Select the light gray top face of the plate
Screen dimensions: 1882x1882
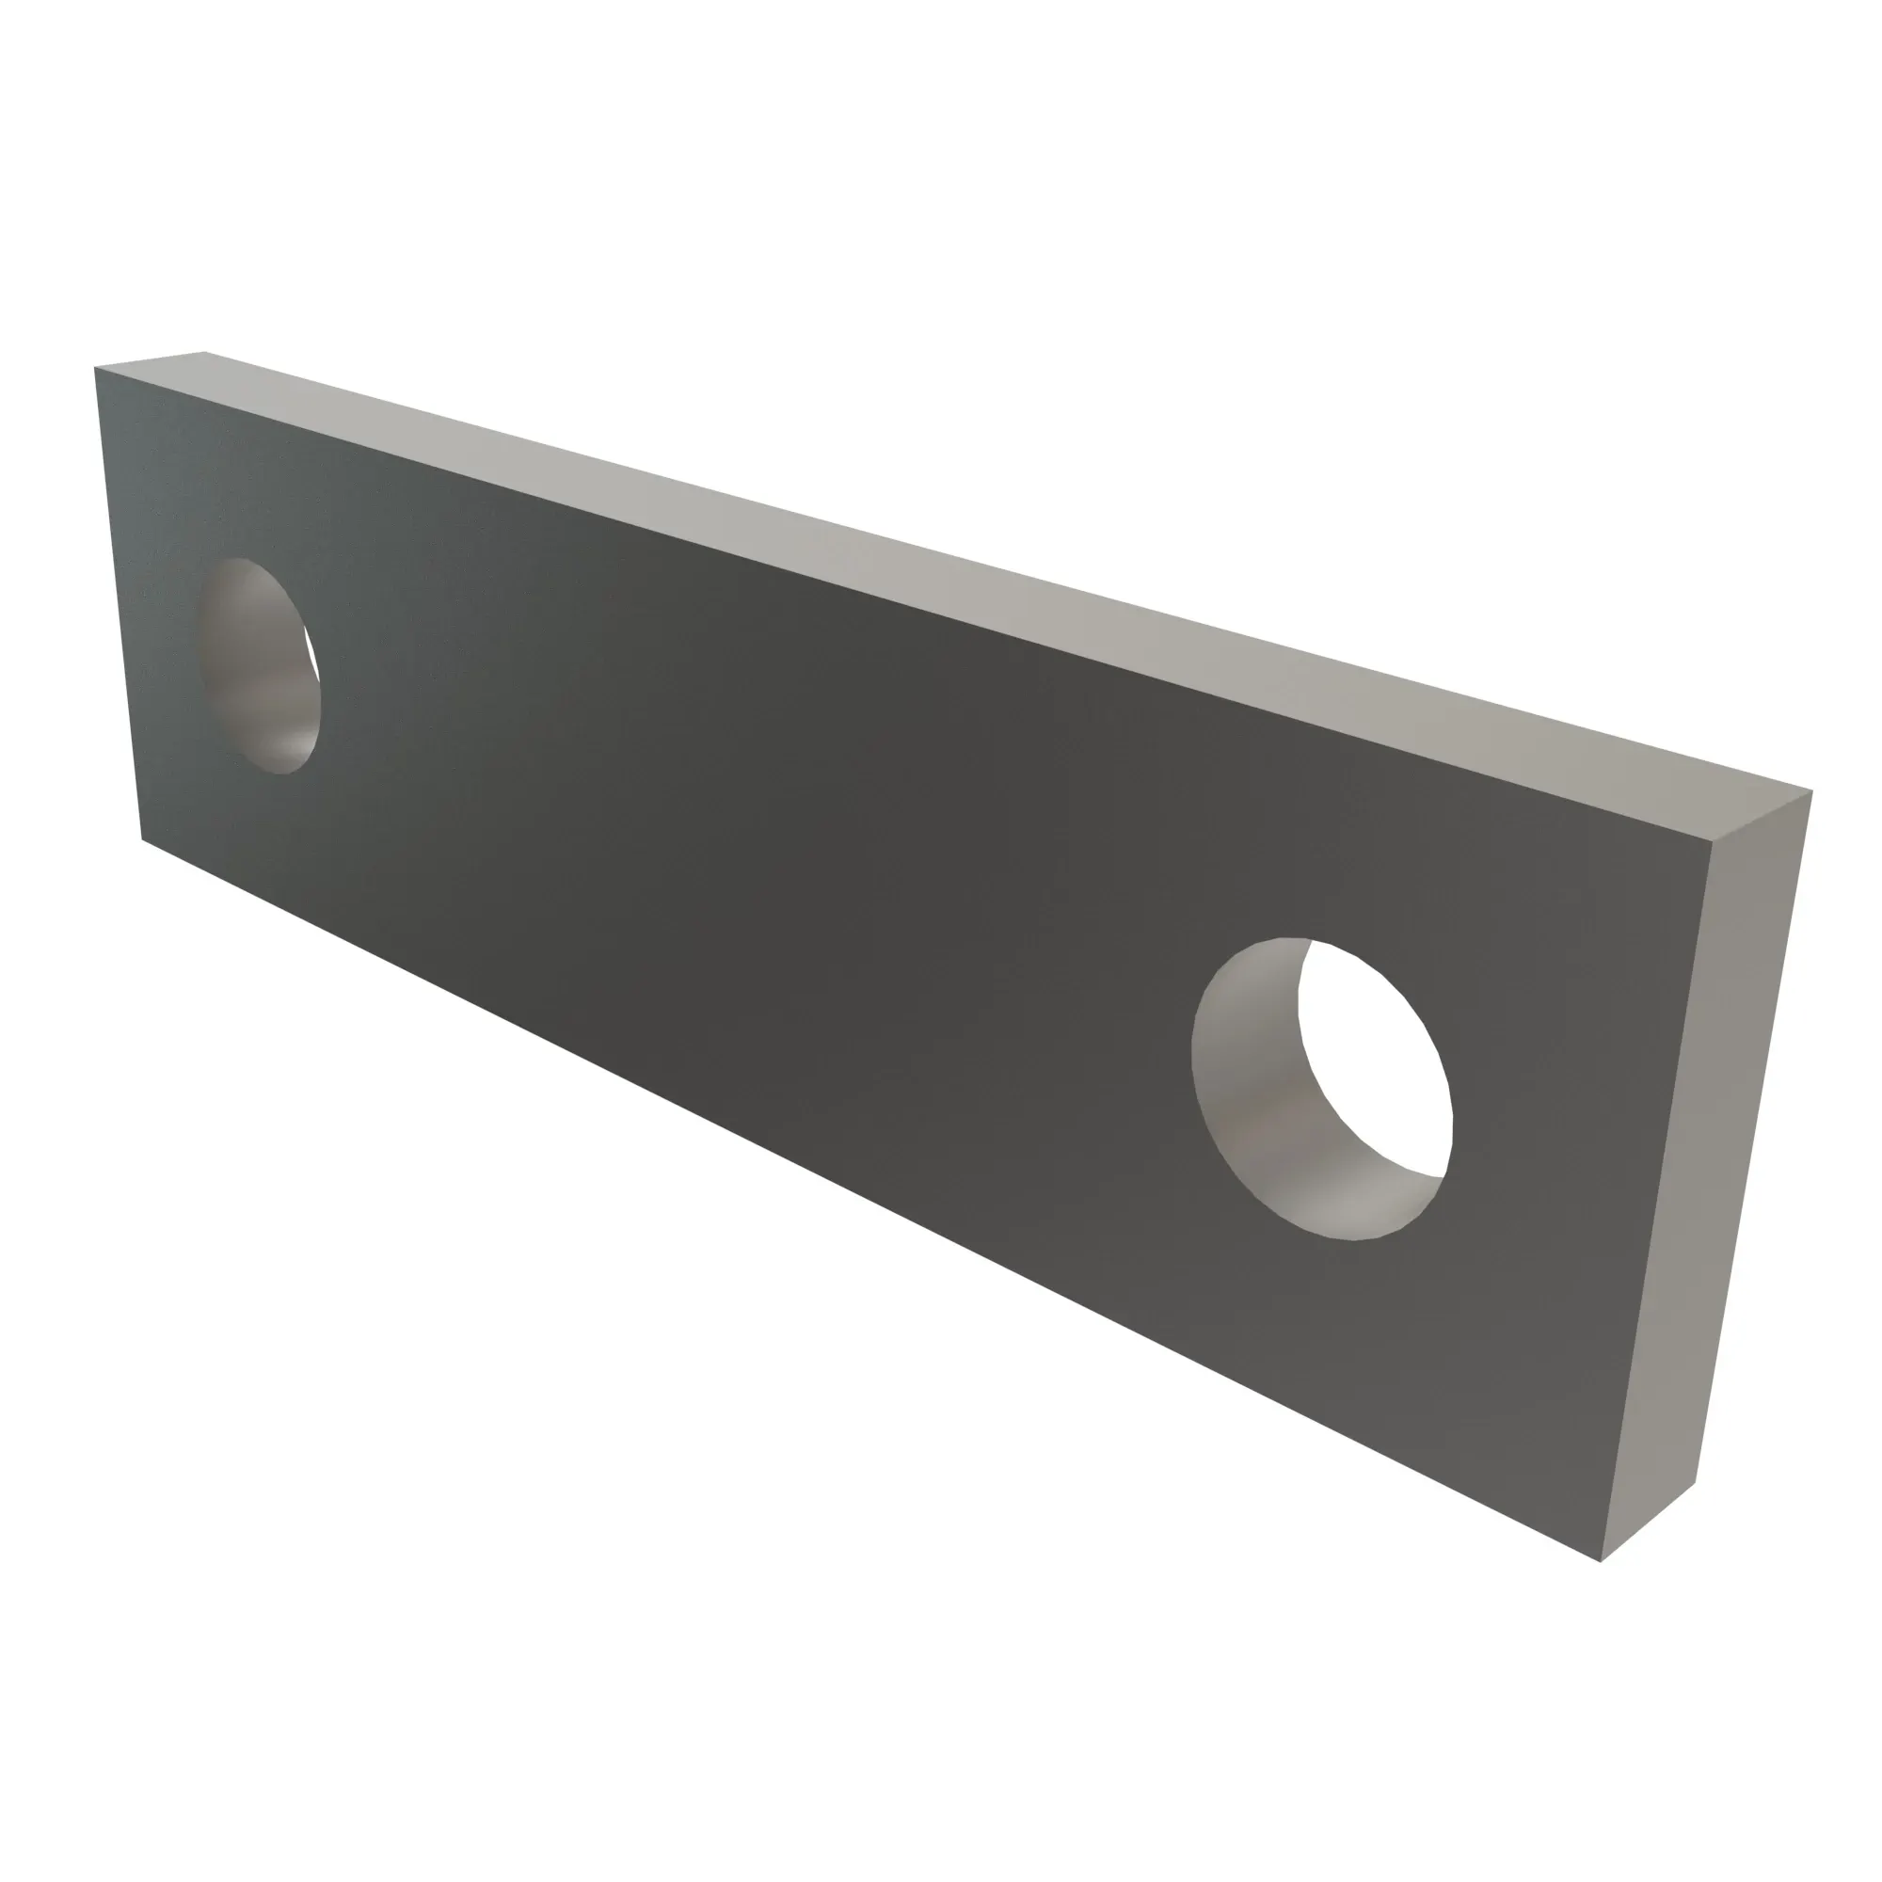tap(974, 555)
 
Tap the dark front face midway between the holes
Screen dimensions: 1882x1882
tap(779, 877)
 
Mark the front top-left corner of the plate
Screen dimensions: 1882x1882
tap(95, 368)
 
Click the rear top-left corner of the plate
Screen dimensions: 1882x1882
tap(204, 352)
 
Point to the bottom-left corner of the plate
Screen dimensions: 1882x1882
tap(143, 838)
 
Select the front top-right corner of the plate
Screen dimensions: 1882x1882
tap(1712, 846)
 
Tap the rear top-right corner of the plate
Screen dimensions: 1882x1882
tap(1811, 790)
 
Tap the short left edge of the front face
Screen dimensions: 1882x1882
tap(119, 604)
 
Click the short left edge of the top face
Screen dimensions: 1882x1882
tap(150, 359)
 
